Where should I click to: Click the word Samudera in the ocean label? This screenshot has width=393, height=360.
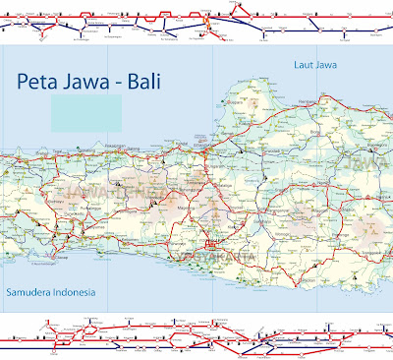31,292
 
